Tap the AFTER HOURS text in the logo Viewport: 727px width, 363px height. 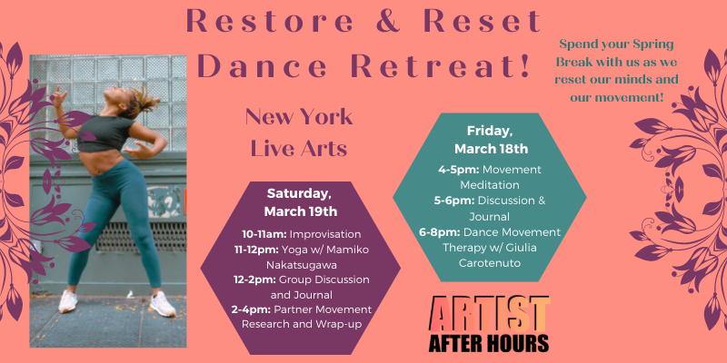coord(491,343)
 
